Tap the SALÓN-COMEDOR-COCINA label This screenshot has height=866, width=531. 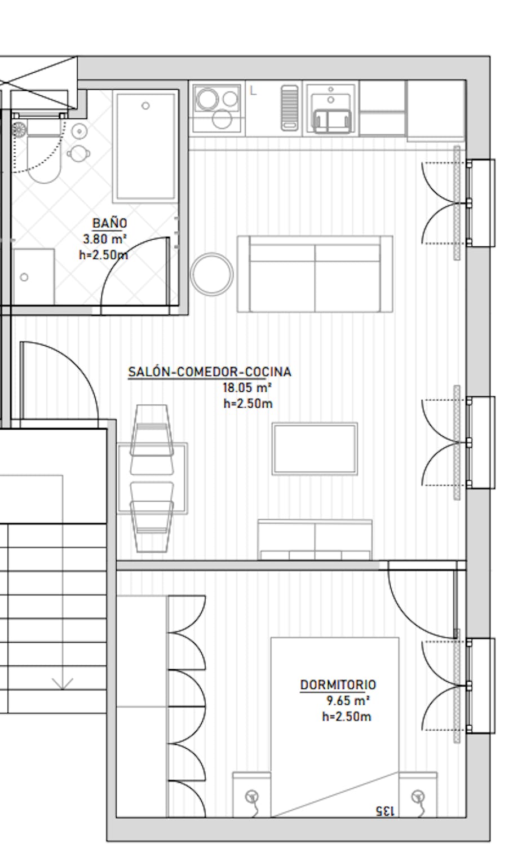click(x=210, y=372)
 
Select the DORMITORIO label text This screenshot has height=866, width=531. click(x=338, y=684)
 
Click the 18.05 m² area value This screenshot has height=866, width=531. click(x=247, y=387)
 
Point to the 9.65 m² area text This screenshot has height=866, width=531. click(x=348, y=701)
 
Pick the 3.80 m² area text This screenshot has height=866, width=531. click(x=105, y=239)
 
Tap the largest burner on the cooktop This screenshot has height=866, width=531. click(x=207, y=99)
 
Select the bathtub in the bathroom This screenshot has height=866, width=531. click(x=145, y=147)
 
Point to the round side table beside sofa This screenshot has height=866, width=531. click(x=212, y=273)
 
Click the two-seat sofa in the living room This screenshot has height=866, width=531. click(x=315, y=273)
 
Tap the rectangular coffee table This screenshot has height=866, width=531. click(x=315, y=449)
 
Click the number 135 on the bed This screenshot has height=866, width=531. click(x=385, y=811)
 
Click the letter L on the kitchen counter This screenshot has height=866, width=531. click(x=253, y=91)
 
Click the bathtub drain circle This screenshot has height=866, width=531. click(x=145, y=105)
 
